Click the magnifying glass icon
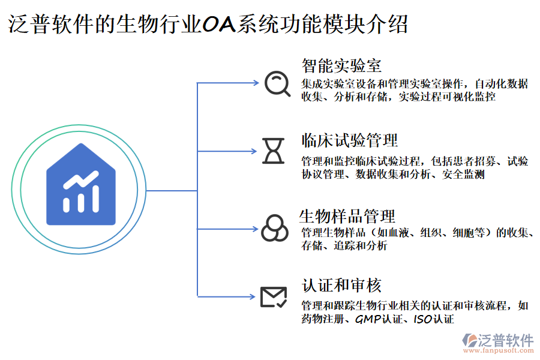click(277, 84)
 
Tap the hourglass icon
click(274, 151)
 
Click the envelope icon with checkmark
click(274, 296)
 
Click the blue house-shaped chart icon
click(81, 185)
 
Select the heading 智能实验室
click(341, 65)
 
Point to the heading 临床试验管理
click(349, 141)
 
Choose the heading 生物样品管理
click(347, 216)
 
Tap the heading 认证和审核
click(341, 286)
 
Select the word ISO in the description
click(422, 319)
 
